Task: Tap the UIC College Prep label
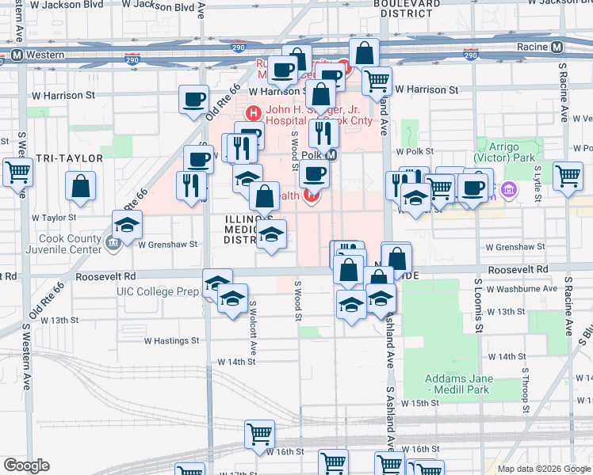coord(159,291)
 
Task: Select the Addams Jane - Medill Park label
coord(458,383)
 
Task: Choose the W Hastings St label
coord(171,340)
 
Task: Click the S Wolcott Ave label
coord(253,326)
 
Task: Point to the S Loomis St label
coord(478,305)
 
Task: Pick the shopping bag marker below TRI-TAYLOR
coord(81,187)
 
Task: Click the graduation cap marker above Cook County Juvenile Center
coord(127,226)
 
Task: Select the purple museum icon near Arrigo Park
coord(508,190)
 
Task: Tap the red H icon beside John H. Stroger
coord(254,112)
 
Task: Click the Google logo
coord(26,465)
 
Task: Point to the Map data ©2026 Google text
coord(543,469)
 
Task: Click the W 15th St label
coord(420,403)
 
